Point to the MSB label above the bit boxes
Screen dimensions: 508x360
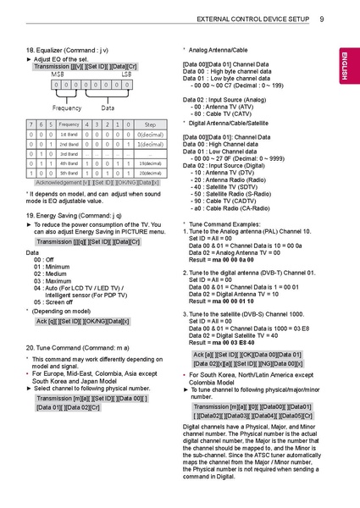click(57, 75)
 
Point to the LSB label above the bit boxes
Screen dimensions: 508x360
click(126, 75)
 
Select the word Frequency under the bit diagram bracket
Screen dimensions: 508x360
click(67, 108)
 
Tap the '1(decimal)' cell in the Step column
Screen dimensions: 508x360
click(151, 144)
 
